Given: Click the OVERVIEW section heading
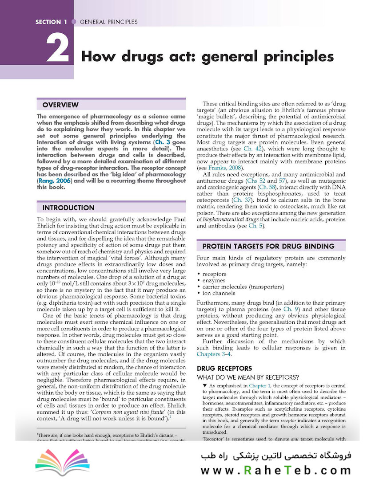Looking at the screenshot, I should click(x=60, y=105).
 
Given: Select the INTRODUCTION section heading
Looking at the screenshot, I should click(x=68, y=208).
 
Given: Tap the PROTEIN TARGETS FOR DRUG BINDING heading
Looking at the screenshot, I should click(x=268, y=246).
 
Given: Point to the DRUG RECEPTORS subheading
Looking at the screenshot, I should click(x=224, y=369).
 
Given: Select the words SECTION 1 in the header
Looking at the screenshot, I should click(x=51, y=22).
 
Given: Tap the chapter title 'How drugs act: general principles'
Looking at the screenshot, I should click(x=207, y=57).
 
